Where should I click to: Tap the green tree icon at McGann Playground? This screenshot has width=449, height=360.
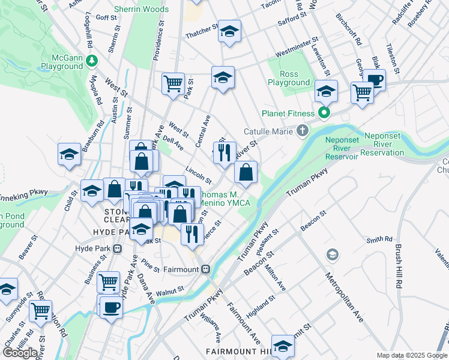92,60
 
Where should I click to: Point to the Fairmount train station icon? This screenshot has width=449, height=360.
206,269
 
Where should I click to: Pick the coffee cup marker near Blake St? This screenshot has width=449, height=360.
375,80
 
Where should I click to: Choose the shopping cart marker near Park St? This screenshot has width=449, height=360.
173,83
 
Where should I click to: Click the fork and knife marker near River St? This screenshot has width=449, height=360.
224,152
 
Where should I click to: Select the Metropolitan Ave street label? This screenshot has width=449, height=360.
345,298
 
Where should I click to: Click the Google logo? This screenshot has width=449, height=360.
20,352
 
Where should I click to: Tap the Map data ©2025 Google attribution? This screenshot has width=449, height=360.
412,355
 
